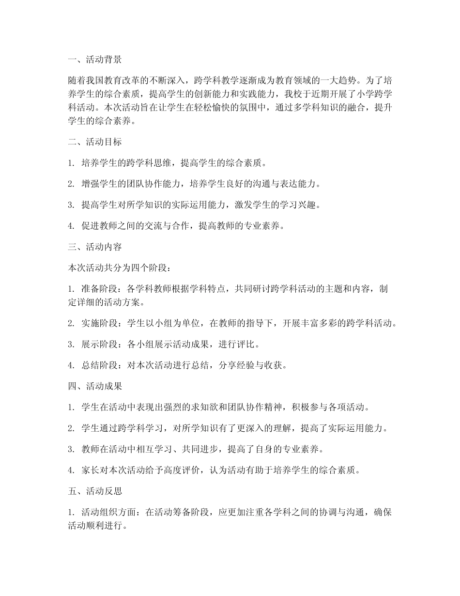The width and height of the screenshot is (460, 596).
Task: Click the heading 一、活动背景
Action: [95, 60]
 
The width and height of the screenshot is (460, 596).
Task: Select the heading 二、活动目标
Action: [95, 142]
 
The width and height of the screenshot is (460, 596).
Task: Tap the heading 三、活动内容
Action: [95, 247]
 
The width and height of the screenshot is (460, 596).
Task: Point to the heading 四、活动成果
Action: [95, 387]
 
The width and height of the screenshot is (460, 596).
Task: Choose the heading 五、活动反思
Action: [95, 491]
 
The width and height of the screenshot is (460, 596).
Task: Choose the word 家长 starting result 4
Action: [91, 471]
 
